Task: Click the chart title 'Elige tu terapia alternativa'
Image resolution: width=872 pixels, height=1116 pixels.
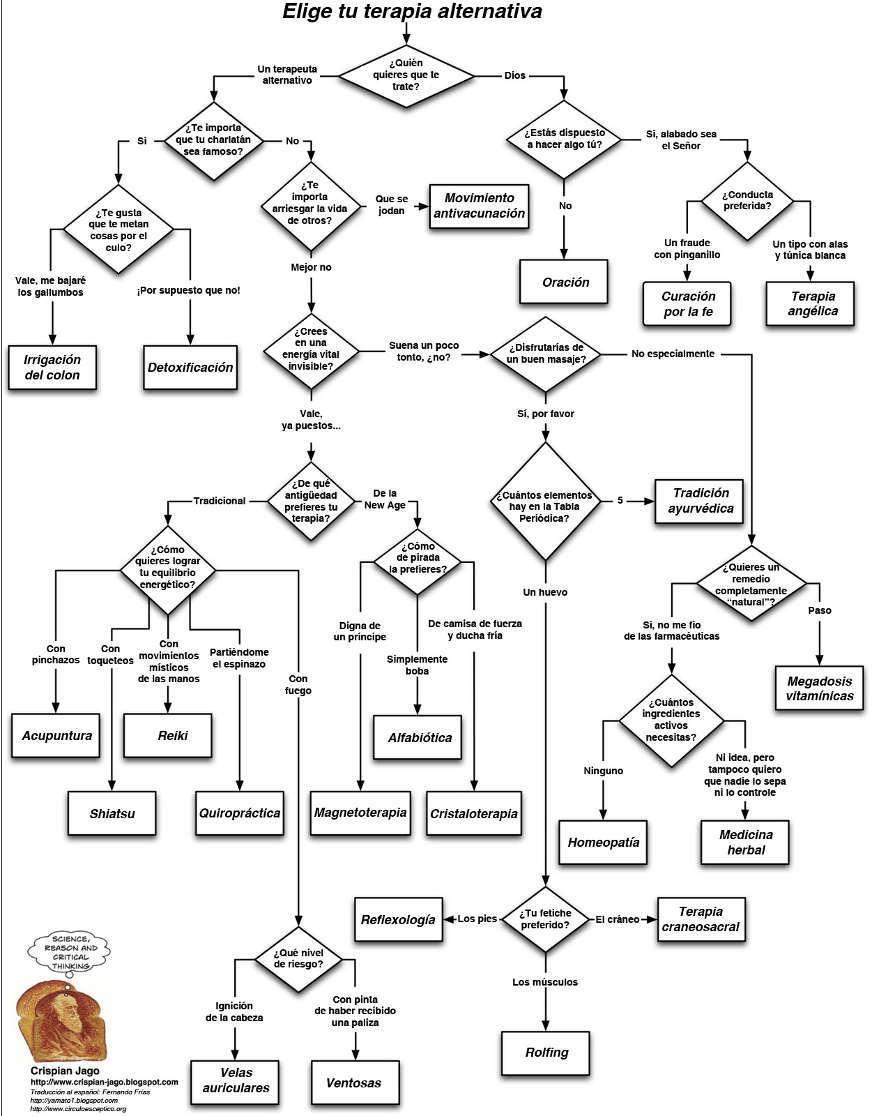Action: [x=412, y=12]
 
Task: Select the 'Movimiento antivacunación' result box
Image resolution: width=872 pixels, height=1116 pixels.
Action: [x=479, y=206]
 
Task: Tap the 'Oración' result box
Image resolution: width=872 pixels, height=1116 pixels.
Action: [x=565, y=282]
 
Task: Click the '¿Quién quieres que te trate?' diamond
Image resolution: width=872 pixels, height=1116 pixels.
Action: [x=406, y=75]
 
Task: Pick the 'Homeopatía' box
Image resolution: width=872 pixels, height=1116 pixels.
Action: [x=603, y=843]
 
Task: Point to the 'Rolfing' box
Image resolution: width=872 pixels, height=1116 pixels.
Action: [x=546, y=1053]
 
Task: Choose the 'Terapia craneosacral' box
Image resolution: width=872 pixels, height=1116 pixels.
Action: [x=701, y=919]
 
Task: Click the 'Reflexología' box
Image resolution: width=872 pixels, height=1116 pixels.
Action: [x=398, y=920]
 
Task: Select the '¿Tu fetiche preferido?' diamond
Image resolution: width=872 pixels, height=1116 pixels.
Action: [x=545, y=919]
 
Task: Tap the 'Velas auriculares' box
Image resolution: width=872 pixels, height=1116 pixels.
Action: [x=236, y=1080]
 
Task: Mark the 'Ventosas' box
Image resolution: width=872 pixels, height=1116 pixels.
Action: [x=354, y=1083]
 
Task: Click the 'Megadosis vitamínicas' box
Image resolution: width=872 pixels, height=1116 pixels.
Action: [x=820, y=688]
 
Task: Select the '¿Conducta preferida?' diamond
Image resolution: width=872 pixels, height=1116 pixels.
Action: [x=747, y=201]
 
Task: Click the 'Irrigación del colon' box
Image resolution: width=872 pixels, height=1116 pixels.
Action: [x=52, y=368]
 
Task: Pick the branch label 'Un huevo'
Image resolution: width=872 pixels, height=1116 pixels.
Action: [x=545, y=592]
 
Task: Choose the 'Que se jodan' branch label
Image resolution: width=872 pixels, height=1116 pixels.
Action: [x=392, y=205]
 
